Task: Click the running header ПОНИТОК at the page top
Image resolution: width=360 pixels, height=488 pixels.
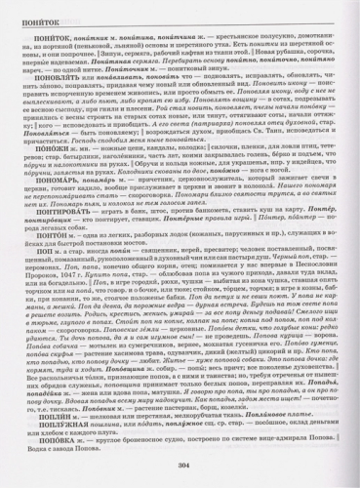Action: pyautogui.click(x=39, y=16)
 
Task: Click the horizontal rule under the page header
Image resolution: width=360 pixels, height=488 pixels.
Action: pyautogui.click(x=180, y=23)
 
